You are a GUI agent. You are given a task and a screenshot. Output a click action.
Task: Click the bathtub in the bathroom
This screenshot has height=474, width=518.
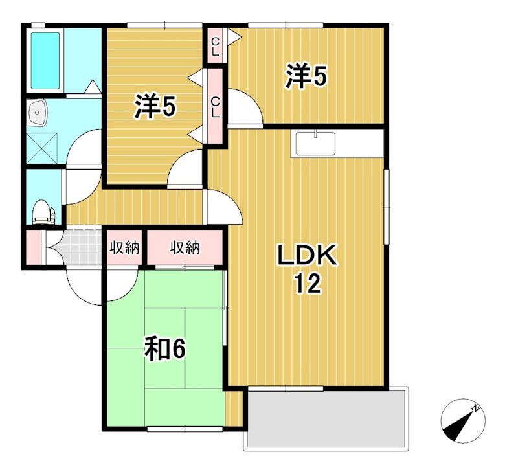tap(45, 61)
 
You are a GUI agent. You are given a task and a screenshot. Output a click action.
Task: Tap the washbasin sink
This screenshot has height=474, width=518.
tap(38, 112)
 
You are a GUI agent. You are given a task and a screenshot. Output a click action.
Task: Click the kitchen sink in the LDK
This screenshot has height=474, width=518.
tap(315, 143)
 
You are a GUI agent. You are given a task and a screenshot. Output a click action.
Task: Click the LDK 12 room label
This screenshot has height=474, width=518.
tap(307, 269)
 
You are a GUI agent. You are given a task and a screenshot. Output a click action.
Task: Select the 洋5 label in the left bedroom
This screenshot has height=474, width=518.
tap(155, 106)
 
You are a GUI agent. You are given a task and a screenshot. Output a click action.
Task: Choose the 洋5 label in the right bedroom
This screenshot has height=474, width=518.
tap(306, 76)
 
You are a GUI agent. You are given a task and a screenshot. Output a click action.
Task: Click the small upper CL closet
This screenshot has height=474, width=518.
tap(215, 46)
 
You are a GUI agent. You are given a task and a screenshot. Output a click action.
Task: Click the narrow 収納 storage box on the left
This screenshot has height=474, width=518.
tap(124, 247)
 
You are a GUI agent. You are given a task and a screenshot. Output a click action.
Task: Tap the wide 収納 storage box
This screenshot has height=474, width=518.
tap(185, 247)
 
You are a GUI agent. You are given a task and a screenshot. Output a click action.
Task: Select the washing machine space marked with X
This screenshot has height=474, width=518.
tap(42, 148)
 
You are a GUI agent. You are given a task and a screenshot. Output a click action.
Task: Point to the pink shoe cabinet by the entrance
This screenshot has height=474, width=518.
tap(34, 247)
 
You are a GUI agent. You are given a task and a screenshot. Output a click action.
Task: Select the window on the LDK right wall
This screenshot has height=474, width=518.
tap(386, 207)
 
